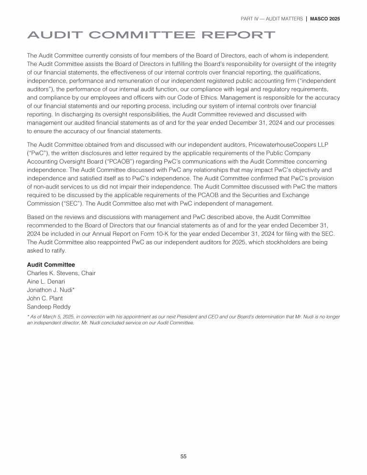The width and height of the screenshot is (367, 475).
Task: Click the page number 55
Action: point(183,456)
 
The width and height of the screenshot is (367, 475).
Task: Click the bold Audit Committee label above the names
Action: point(51,265)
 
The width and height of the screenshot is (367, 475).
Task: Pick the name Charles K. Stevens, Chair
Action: point(61,273)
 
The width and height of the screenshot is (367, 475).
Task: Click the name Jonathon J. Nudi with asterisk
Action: point(52,290)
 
